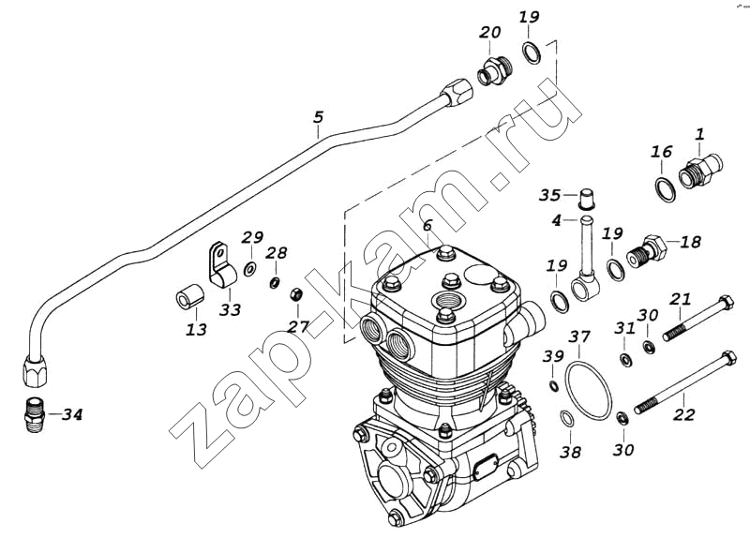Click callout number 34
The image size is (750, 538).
(x=72, y=414)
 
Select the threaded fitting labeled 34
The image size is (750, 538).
(x=35, y=414)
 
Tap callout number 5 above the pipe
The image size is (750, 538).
(x=319, y=116)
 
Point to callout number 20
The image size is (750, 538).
(x=490, y=32)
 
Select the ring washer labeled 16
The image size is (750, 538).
(x=665, y=189)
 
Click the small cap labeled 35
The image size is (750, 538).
(x=587, y=199)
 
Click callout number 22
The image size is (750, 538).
(x=683, y=414)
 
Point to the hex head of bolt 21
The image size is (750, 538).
(x=726, y=303)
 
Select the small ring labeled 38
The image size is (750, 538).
(x=567, y=418)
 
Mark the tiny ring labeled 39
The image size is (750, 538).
(x=553, y=385)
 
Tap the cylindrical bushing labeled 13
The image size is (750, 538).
(x=190, y=296)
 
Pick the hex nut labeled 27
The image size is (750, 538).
(x=295, y=294)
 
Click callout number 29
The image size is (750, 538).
(x=252, y=238)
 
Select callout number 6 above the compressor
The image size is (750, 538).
(x=427, y=225)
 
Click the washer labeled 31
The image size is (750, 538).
(x=624, y=359)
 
